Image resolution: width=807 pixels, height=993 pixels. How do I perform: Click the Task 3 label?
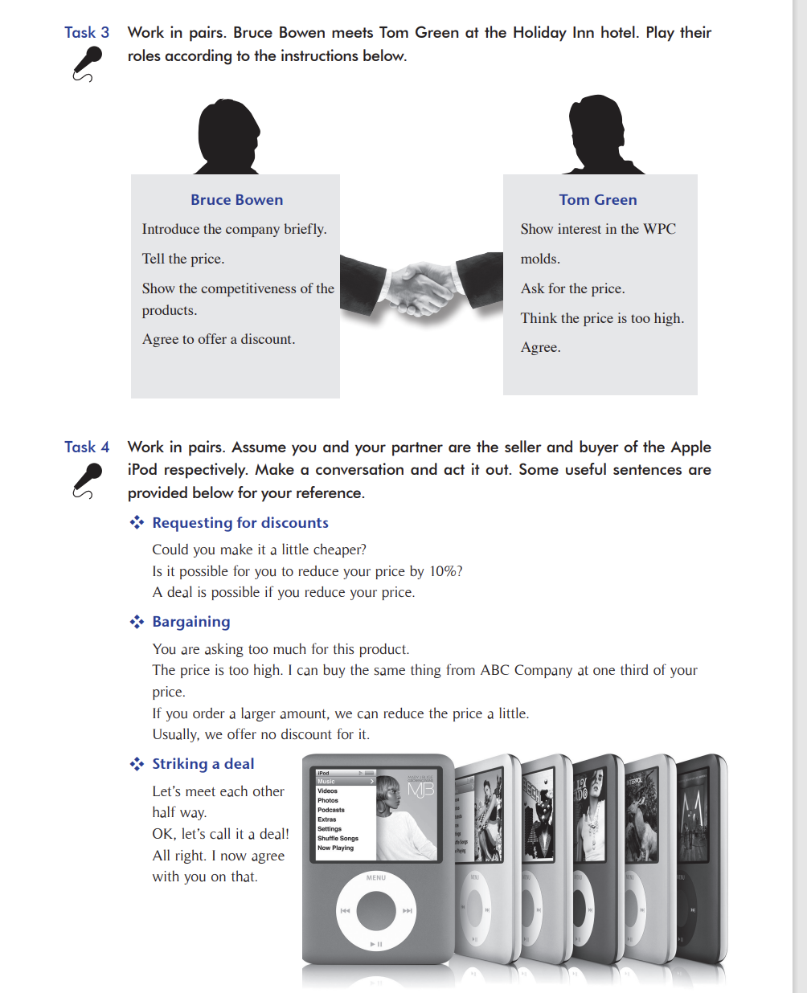(x=87, y=33)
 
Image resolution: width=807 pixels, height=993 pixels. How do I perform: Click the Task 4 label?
(x=87, y=447)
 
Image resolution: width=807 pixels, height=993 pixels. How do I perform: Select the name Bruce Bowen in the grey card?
(x=236, y=200)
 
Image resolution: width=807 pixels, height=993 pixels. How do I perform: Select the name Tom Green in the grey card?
(x=598, y=200)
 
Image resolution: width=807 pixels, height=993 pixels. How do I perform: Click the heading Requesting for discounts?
(x=240, y=523)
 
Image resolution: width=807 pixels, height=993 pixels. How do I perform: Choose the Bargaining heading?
(x=191, y=622)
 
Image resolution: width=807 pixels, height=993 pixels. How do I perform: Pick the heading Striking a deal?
(x=203, y=764)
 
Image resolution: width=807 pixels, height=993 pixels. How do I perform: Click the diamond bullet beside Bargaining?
(x=137, y=622)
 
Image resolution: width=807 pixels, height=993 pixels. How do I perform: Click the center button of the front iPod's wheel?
(x=376, y=910)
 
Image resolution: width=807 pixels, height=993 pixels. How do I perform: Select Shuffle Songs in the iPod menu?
(x=338, y=838)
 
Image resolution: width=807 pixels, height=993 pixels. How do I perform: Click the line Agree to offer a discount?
(x=219, y=339)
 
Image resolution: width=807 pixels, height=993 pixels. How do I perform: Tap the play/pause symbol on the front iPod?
(x=376, y=944)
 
